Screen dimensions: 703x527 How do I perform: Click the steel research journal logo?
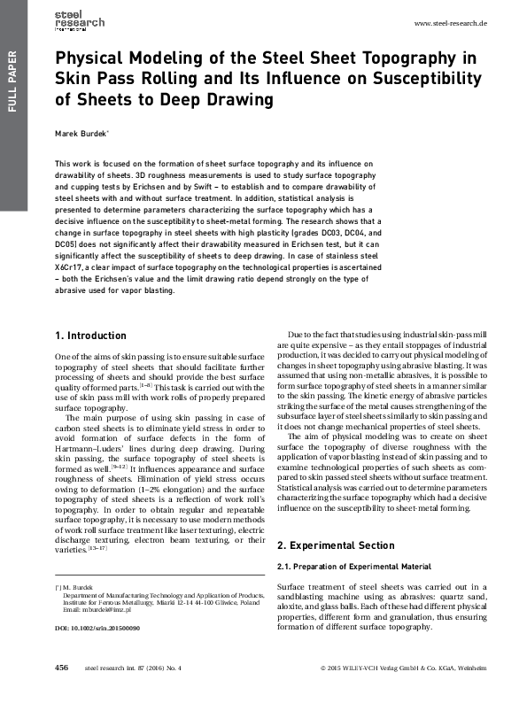79,20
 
